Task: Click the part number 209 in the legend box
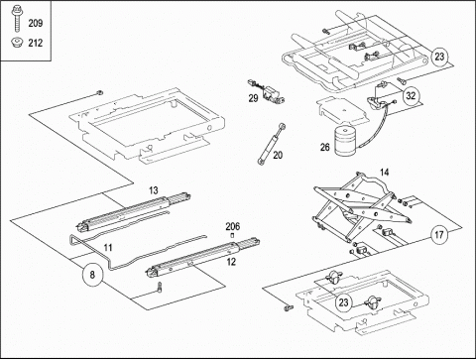(x=36, y=23)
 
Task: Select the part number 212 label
(x=36, y=43)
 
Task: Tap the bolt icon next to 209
(x=16, y=18)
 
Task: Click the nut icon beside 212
(x=16, y=43)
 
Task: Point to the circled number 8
(x=92, y=275)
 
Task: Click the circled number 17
(x=439, y=235)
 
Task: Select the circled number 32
(x=411, y=96)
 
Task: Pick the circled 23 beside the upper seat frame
(x=439, y=57)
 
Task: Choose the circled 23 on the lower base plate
(x=344, y=302)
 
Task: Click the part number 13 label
(x=154, y=190)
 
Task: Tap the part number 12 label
(x=231, y=262)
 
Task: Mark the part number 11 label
(x=108, y=248)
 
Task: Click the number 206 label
(x=233, y=227)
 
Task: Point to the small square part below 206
(x=232, y=236)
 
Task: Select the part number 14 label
(x=384, y=173)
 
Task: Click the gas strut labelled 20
(x=270, y=145)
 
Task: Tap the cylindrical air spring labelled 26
(x=347, y=141)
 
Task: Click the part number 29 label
(x=253, y=98)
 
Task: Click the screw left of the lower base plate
(x=289, y=307)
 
